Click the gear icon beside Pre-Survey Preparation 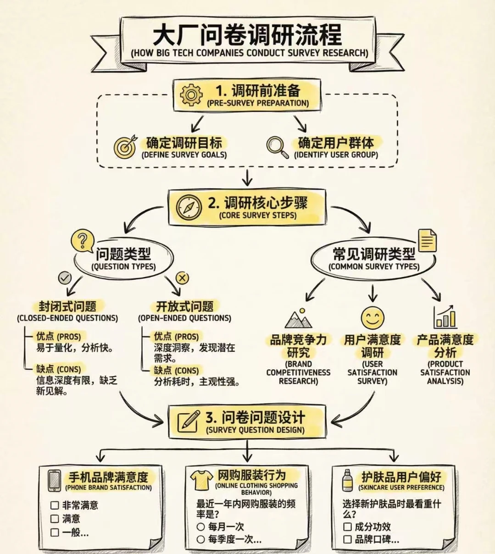(191, 95)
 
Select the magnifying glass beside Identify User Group (277, 147)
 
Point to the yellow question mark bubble (82, 240)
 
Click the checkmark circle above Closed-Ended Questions (65, 277)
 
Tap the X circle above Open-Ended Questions (182, 277)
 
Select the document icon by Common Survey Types (427, 240)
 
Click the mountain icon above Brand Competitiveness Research (298, 318)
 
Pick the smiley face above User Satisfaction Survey (372, 317)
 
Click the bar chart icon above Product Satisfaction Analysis (445, 317)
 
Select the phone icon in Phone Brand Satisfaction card (55, 481)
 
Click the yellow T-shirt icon (201, 480)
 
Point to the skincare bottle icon (348, 480)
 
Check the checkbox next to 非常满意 (55, 505)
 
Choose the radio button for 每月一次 (200, 526)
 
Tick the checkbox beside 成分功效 (347, 526)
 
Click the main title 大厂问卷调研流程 (247, 34)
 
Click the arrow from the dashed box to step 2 (247, 177)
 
